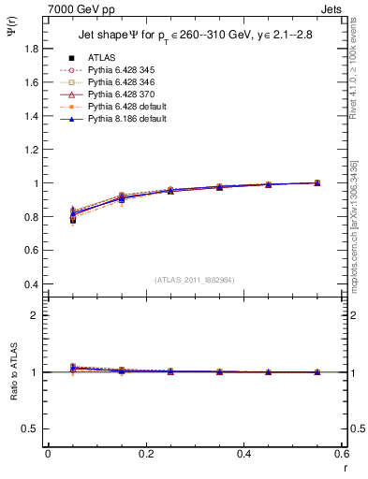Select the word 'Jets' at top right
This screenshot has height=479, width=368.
pyautogui.click(x=331, y=7)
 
